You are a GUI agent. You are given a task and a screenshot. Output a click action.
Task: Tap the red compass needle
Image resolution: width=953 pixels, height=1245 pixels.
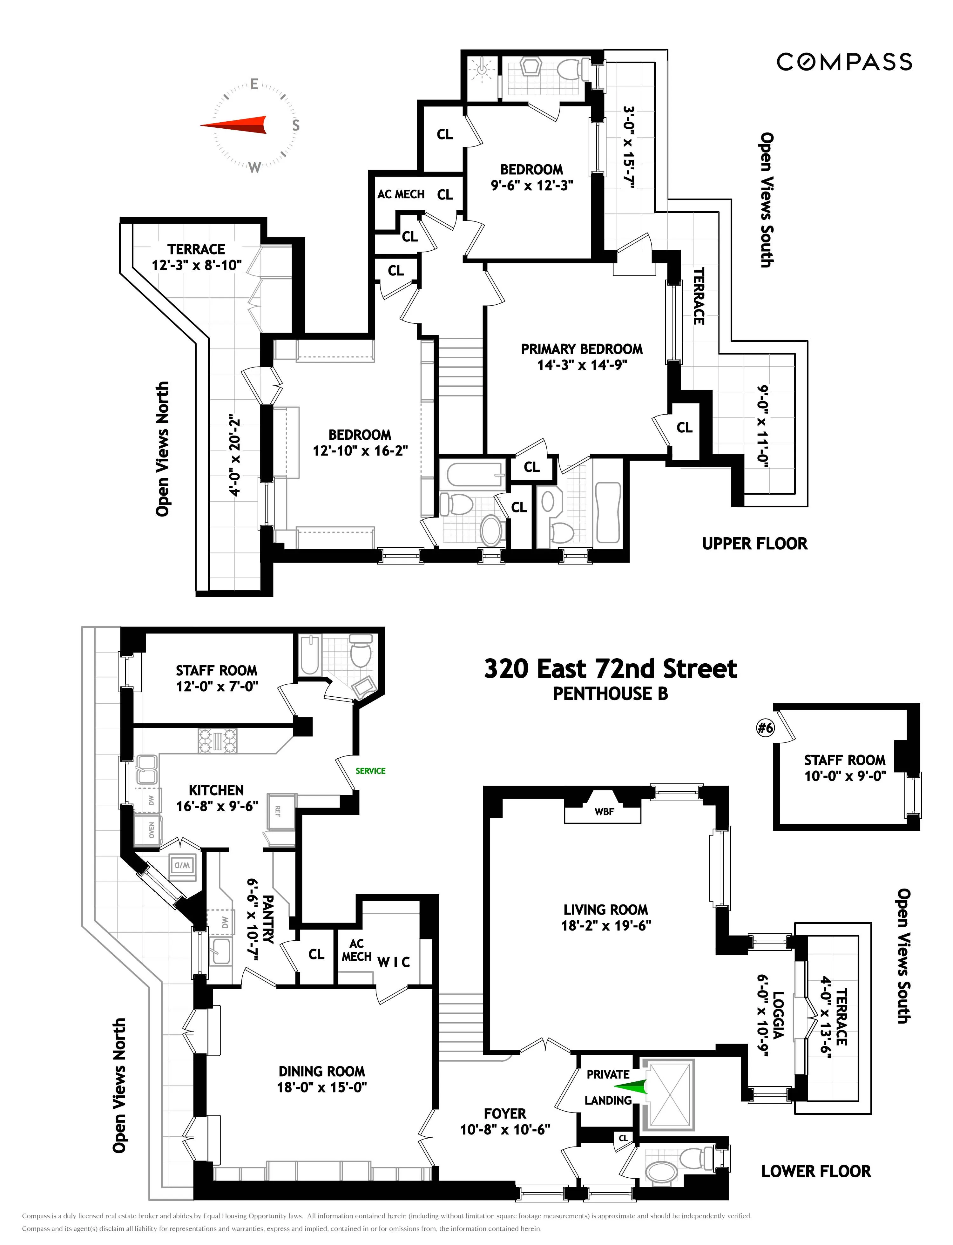[235, 125]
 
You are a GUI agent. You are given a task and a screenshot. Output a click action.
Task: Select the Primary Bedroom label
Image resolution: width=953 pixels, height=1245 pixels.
[581, 349]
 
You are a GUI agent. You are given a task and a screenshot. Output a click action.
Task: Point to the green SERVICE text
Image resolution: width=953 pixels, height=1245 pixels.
[370, 771]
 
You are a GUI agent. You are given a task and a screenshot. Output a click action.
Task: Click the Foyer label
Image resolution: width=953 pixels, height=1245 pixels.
[505, 1113]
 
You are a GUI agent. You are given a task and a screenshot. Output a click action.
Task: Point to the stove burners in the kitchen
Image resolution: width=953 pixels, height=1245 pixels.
[217, 740]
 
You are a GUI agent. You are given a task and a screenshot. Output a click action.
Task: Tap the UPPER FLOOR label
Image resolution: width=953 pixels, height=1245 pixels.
[754, 543]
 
